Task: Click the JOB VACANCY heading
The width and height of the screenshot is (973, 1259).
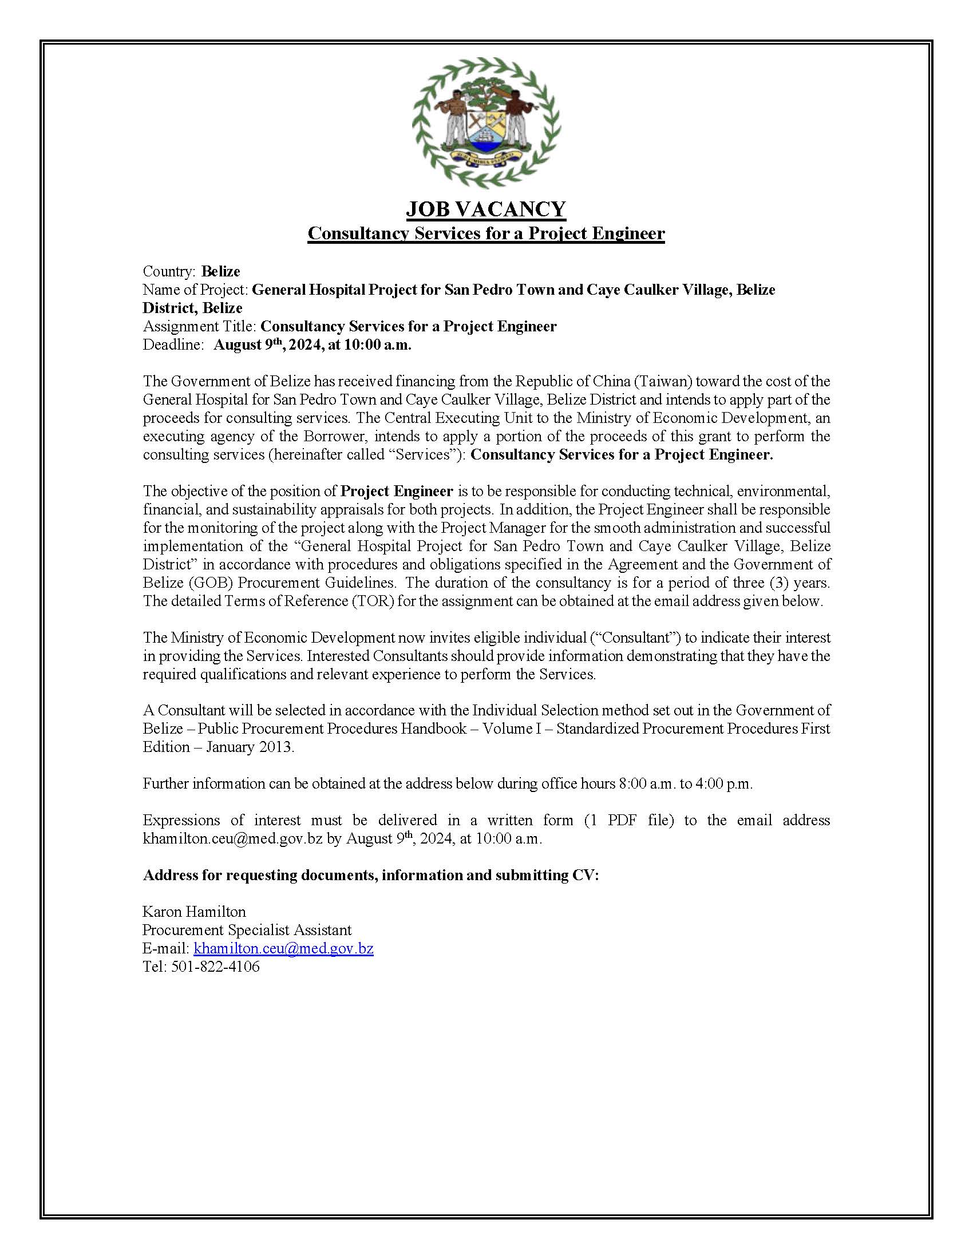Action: (486, 209)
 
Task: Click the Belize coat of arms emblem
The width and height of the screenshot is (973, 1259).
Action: (486, 123)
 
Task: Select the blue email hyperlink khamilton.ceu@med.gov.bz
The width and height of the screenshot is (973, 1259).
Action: (283, 948)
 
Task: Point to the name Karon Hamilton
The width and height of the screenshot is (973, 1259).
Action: (194, 912)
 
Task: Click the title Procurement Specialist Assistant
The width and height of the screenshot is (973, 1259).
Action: (247, 930)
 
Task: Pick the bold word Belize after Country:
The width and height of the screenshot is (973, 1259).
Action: (221, 271)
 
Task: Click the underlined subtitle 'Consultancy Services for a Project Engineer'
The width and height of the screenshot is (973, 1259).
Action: (486, 233)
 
